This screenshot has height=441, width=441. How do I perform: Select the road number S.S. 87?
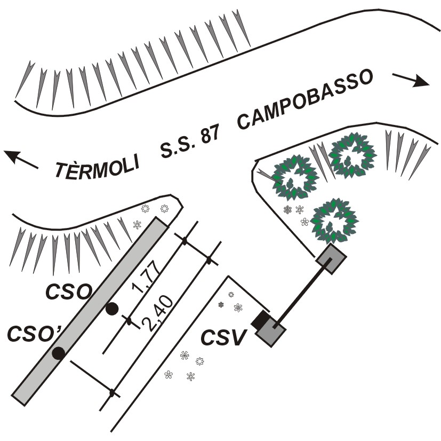(x=190, y=141)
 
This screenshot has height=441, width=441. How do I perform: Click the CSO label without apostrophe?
(x=68, y=292)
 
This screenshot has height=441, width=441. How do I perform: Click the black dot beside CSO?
(x=111, y=308)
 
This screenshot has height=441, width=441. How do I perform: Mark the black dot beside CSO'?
(x=59, y=352)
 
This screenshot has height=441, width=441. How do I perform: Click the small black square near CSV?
(x=261, y=319)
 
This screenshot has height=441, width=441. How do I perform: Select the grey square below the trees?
(x=331, y=259)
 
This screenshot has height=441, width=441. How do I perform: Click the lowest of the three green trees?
(x=334, y=219)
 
